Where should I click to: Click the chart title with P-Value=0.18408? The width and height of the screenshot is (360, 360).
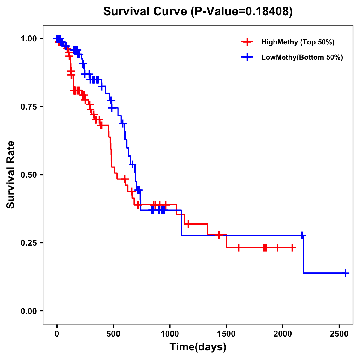click(x=198, y=12)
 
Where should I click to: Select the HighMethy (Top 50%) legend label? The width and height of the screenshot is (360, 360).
click(x=298, y=42)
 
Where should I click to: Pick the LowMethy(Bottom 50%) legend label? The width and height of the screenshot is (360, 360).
click(x=302, y=58)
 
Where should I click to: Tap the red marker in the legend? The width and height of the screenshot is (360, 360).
click(x=247, y=42)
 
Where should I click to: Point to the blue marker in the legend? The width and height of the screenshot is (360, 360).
click(x=247, y=58)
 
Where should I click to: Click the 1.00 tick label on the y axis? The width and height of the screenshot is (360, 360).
click(x=28, y=38)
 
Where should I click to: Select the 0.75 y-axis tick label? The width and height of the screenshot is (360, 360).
click(x=28, y=106)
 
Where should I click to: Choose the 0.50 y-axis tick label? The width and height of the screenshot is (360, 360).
click(x=28, y=175)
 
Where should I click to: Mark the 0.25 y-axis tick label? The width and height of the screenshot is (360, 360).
click(x=28, y=243)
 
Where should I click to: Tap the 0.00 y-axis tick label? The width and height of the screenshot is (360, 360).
click(x=28, y=311)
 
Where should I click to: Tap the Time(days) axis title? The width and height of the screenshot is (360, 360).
click(x=198, y=347)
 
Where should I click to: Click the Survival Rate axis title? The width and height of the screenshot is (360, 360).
click(x=11, y=175)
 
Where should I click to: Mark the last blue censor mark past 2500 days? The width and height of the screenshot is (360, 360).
click(x=346, y=273)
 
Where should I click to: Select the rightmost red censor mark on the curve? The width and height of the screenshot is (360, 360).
click(x=292, y=247)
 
